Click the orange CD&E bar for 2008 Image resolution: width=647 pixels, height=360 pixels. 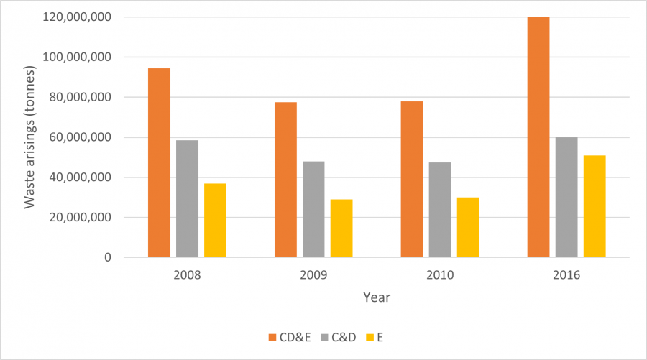coord(159,162)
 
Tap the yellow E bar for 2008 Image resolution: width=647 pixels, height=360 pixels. coord(215,221)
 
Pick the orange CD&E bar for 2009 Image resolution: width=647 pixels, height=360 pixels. coord(285,180)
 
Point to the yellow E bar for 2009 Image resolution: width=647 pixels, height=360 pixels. coord(341,229)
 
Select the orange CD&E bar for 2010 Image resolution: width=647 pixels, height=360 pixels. coord(412,179)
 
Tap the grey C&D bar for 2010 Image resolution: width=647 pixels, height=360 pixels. coord(440,210)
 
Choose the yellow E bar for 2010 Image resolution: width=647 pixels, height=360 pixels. coord(468,227)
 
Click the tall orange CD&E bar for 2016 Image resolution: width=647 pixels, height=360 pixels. coord(538,137)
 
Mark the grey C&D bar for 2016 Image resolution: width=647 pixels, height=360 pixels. coord(566,197)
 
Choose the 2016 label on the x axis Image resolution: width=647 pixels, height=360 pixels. coord(566,274)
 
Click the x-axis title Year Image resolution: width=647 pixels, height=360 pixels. coord(377,297)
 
